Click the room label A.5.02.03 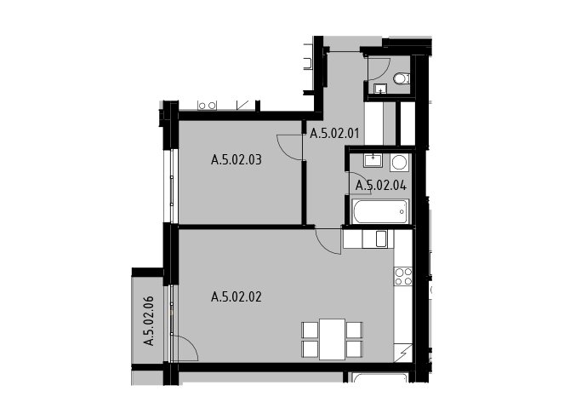237,160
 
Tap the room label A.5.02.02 237,296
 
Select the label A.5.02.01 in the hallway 334,133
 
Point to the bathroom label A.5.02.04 381,185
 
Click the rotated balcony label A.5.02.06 149,320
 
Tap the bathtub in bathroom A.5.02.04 380,211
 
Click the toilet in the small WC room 402,78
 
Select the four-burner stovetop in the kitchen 403,276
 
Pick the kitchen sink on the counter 381,239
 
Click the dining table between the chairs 332,339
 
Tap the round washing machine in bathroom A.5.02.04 400,163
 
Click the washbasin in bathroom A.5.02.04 373,160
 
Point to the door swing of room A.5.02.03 289,147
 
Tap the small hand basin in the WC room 381,89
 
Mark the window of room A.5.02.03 171,187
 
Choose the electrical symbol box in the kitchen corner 403,353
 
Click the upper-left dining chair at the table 310,330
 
